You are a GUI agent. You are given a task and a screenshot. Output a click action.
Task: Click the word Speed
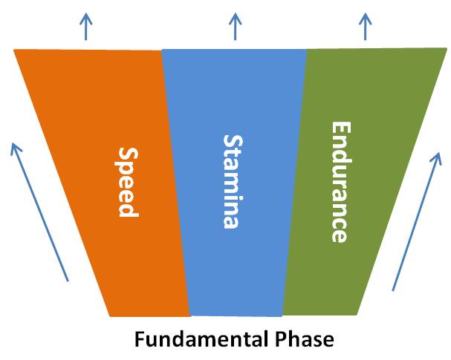click(x=127, y=182)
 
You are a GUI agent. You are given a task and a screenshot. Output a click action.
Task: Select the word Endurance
click(x=339, y=182)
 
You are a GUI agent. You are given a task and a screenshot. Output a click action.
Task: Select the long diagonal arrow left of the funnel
click(x=40, y=212)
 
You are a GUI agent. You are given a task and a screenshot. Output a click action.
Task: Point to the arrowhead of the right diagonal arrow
click(x=438, y=155)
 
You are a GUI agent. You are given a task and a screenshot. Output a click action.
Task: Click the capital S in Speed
click(x=127, y=154)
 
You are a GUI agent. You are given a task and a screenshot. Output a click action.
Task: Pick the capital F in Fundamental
click(x=140, y=340)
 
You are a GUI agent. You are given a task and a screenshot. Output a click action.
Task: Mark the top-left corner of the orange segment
click(x=15, y=50)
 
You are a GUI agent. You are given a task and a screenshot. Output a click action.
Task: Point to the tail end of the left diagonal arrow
click(x=68, y=281)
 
